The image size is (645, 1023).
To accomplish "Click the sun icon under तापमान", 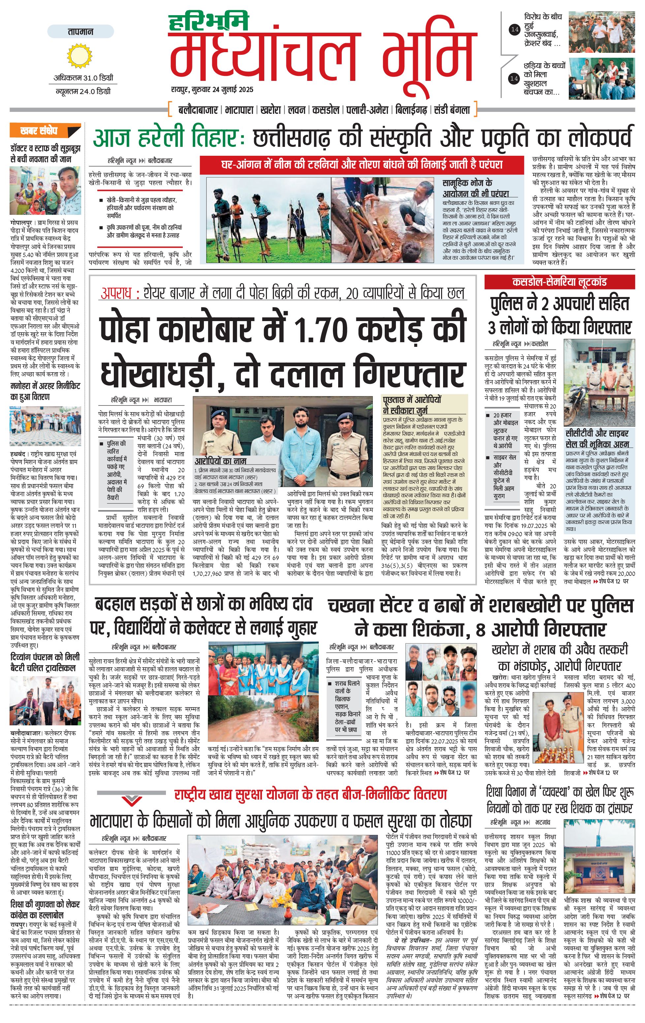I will click(80, 55).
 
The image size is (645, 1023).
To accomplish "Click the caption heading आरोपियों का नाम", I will click(220, 461).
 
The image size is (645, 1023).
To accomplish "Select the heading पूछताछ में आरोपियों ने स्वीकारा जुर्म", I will click(412, 405).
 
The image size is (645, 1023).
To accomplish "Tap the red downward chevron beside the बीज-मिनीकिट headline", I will click(132, 800).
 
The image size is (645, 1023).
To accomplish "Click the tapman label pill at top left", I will click(80, 31).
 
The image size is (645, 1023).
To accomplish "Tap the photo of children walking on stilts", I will click(268, 220).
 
